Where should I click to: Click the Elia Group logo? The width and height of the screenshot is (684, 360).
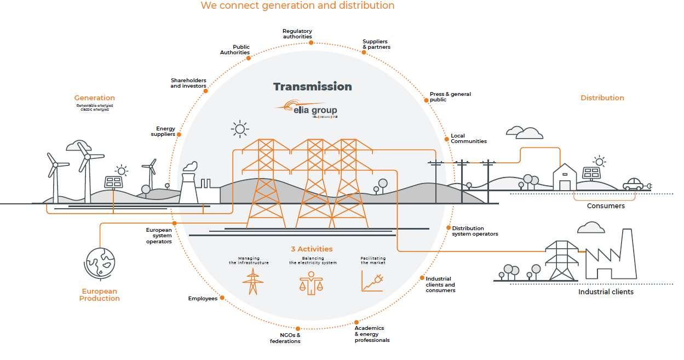307,109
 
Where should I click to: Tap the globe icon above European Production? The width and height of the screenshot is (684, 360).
100,262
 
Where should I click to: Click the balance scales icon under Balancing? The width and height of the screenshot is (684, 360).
311,282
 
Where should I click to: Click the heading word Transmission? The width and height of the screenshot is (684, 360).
312,87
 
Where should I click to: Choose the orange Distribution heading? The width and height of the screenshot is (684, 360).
602,98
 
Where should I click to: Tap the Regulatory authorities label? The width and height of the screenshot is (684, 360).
297,34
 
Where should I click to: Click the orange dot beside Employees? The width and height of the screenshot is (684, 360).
222,298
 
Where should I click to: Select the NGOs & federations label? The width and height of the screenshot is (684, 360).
285,338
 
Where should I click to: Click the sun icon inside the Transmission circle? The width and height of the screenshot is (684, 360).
239,130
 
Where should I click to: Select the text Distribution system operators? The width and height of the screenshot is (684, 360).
475,231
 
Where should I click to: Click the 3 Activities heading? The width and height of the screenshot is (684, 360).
312,249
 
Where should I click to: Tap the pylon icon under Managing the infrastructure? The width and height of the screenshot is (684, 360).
252,282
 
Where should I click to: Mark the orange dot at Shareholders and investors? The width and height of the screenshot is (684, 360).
206,91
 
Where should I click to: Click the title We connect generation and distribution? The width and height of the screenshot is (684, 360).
297,5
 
